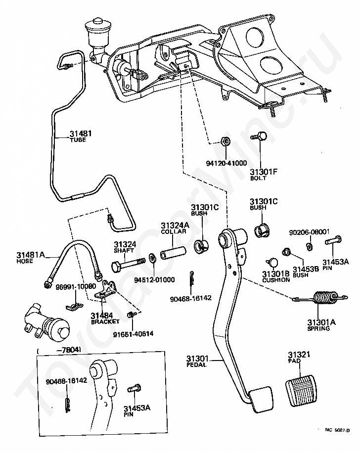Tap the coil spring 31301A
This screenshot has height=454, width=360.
pos(321,298)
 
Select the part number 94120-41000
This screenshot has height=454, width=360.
pos(226,163)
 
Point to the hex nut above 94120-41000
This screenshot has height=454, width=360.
pos(225,141)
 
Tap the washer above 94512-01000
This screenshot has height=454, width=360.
pos(151,257)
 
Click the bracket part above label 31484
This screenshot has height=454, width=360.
pos(106,290)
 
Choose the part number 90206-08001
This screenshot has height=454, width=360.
pos(309,232)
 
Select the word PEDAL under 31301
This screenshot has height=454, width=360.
pos(196,364)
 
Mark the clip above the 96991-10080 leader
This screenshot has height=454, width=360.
pos(74,306)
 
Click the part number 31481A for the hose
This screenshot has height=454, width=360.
pos(31,255)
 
